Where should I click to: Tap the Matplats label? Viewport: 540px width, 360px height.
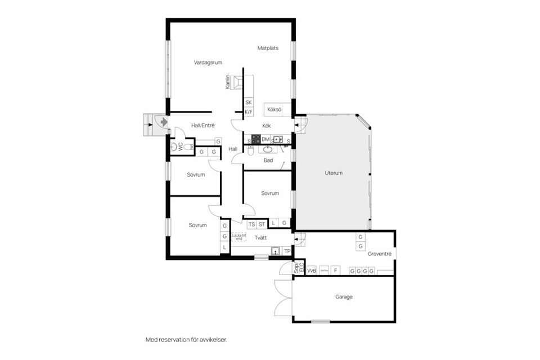tap(268, 48)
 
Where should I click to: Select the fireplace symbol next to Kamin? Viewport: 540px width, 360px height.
tap(239, 83)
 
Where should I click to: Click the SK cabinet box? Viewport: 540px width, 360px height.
tap(248, 102)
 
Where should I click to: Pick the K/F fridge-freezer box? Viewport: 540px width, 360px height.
tap(248, 112)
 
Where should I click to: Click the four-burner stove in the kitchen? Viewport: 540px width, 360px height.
tap(255, 139)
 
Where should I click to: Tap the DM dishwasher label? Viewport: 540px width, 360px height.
tap(265, 139)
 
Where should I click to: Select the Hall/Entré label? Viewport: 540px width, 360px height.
tap(202, 125)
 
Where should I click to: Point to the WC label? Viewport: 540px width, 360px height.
tap(181, 147)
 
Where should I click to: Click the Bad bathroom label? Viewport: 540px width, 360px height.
tap(268, 160)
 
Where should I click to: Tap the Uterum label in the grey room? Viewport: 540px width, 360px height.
tap(334, 173)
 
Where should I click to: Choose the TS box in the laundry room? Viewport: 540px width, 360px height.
tap(251, 224)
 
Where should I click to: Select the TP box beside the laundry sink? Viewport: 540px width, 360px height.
tap(287, 251)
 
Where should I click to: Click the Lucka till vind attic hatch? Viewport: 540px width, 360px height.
tap(238, 237)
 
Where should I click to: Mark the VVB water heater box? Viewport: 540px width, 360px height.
tap(311, 271)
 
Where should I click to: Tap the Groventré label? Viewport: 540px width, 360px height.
tap(379, 254)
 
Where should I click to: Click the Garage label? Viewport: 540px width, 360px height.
tap(344, 296)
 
